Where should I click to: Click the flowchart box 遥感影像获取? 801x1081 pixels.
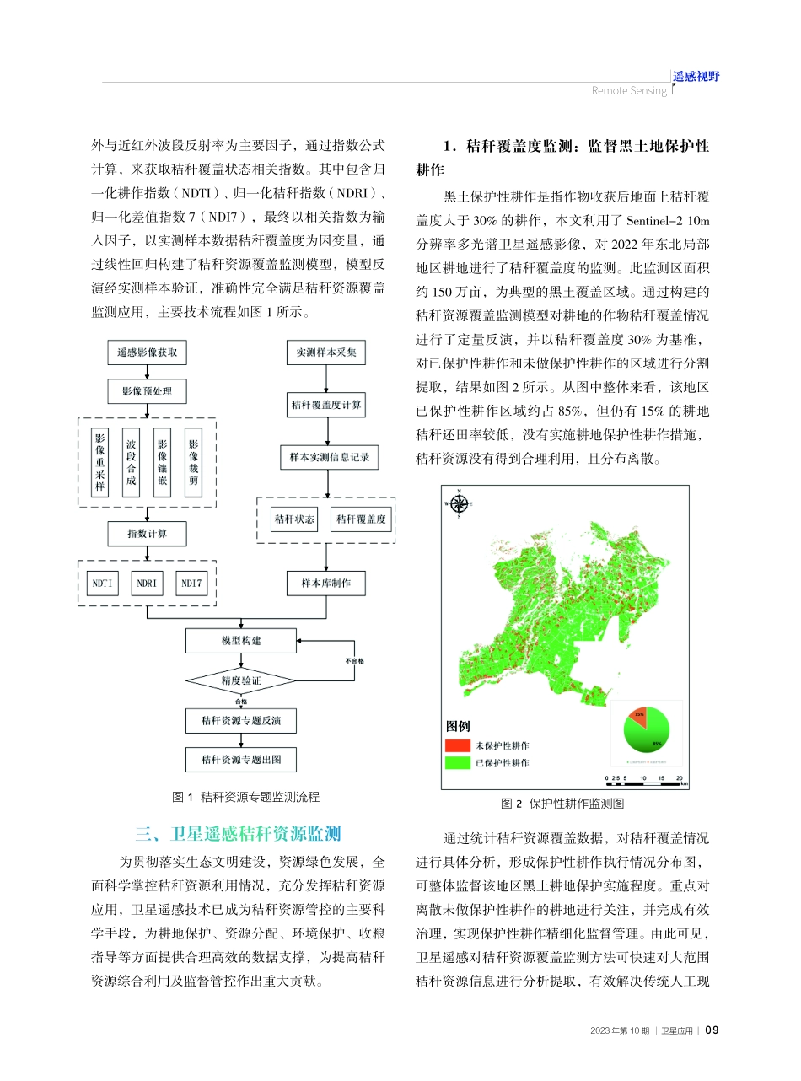pos(148,352)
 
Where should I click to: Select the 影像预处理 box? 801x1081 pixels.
pos(148,392)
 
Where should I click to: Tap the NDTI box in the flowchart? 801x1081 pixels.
pos(102,584)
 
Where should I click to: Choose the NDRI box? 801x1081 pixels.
pos(147,584)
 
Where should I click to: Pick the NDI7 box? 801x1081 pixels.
pos(191,584)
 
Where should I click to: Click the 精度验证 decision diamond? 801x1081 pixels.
pos(241,680)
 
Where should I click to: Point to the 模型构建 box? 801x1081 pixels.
pos(241,641)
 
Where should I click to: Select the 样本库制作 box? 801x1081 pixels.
pos(326,584)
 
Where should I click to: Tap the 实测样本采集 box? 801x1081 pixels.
pos(326,352)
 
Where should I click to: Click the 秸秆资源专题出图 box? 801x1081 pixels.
pos(241,760)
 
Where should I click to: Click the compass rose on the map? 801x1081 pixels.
pos(460,504)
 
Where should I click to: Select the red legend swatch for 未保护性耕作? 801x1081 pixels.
pos(457,745)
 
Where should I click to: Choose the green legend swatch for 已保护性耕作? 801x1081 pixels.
pos(457,763)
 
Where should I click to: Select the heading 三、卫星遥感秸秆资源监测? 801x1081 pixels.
pos(238,835)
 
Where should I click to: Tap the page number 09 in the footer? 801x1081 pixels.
pos(711,1030)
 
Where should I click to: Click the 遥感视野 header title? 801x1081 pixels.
pos(696,77)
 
